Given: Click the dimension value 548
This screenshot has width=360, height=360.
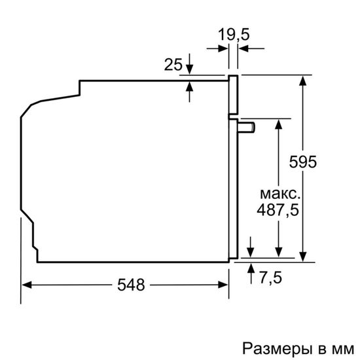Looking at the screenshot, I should (131, 285).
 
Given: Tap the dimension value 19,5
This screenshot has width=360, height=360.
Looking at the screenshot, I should (234, 35).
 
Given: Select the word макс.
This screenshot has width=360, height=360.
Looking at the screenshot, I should (280, 194).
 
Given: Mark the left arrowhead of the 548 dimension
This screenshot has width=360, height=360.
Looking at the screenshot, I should (27, 285).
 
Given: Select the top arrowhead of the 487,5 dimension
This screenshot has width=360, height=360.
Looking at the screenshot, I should (279, 122).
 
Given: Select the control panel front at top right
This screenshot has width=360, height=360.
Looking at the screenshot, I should (232, 95).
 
